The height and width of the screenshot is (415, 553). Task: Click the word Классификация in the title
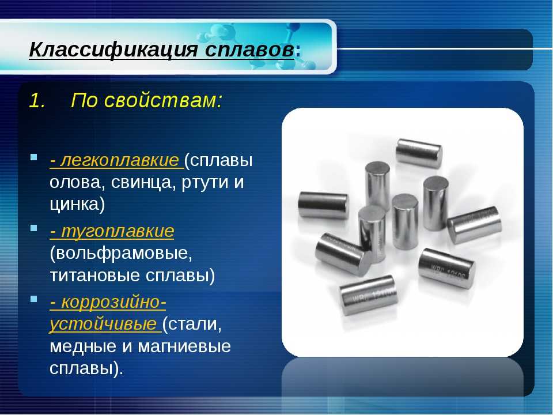pyautogui.click(x=113, y=50)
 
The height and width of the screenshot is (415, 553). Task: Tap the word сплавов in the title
pyautogui.click(x=249, y=50)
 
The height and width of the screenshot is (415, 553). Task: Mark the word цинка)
pyautogui.click(x=77, y=205)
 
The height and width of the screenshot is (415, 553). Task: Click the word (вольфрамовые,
pyautogui.click(x=121, y=254)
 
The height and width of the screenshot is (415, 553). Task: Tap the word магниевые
pyautogui.click(x=184, y=346)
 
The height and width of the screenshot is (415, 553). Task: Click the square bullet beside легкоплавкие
pyautogui.click(x=34, y=157)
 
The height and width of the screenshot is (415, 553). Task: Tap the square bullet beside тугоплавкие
pyautogui.click(x=34, y=228)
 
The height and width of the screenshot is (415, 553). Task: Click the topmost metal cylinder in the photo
pyautogui.click(x=419, y=153)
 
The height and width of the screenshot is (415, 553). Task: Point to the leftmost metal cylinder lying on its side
pyautogui.click(x=324, y=205)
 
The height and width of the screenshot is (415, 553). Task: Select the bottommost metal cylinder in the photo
pyautogui.click(x=369, y=295)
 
